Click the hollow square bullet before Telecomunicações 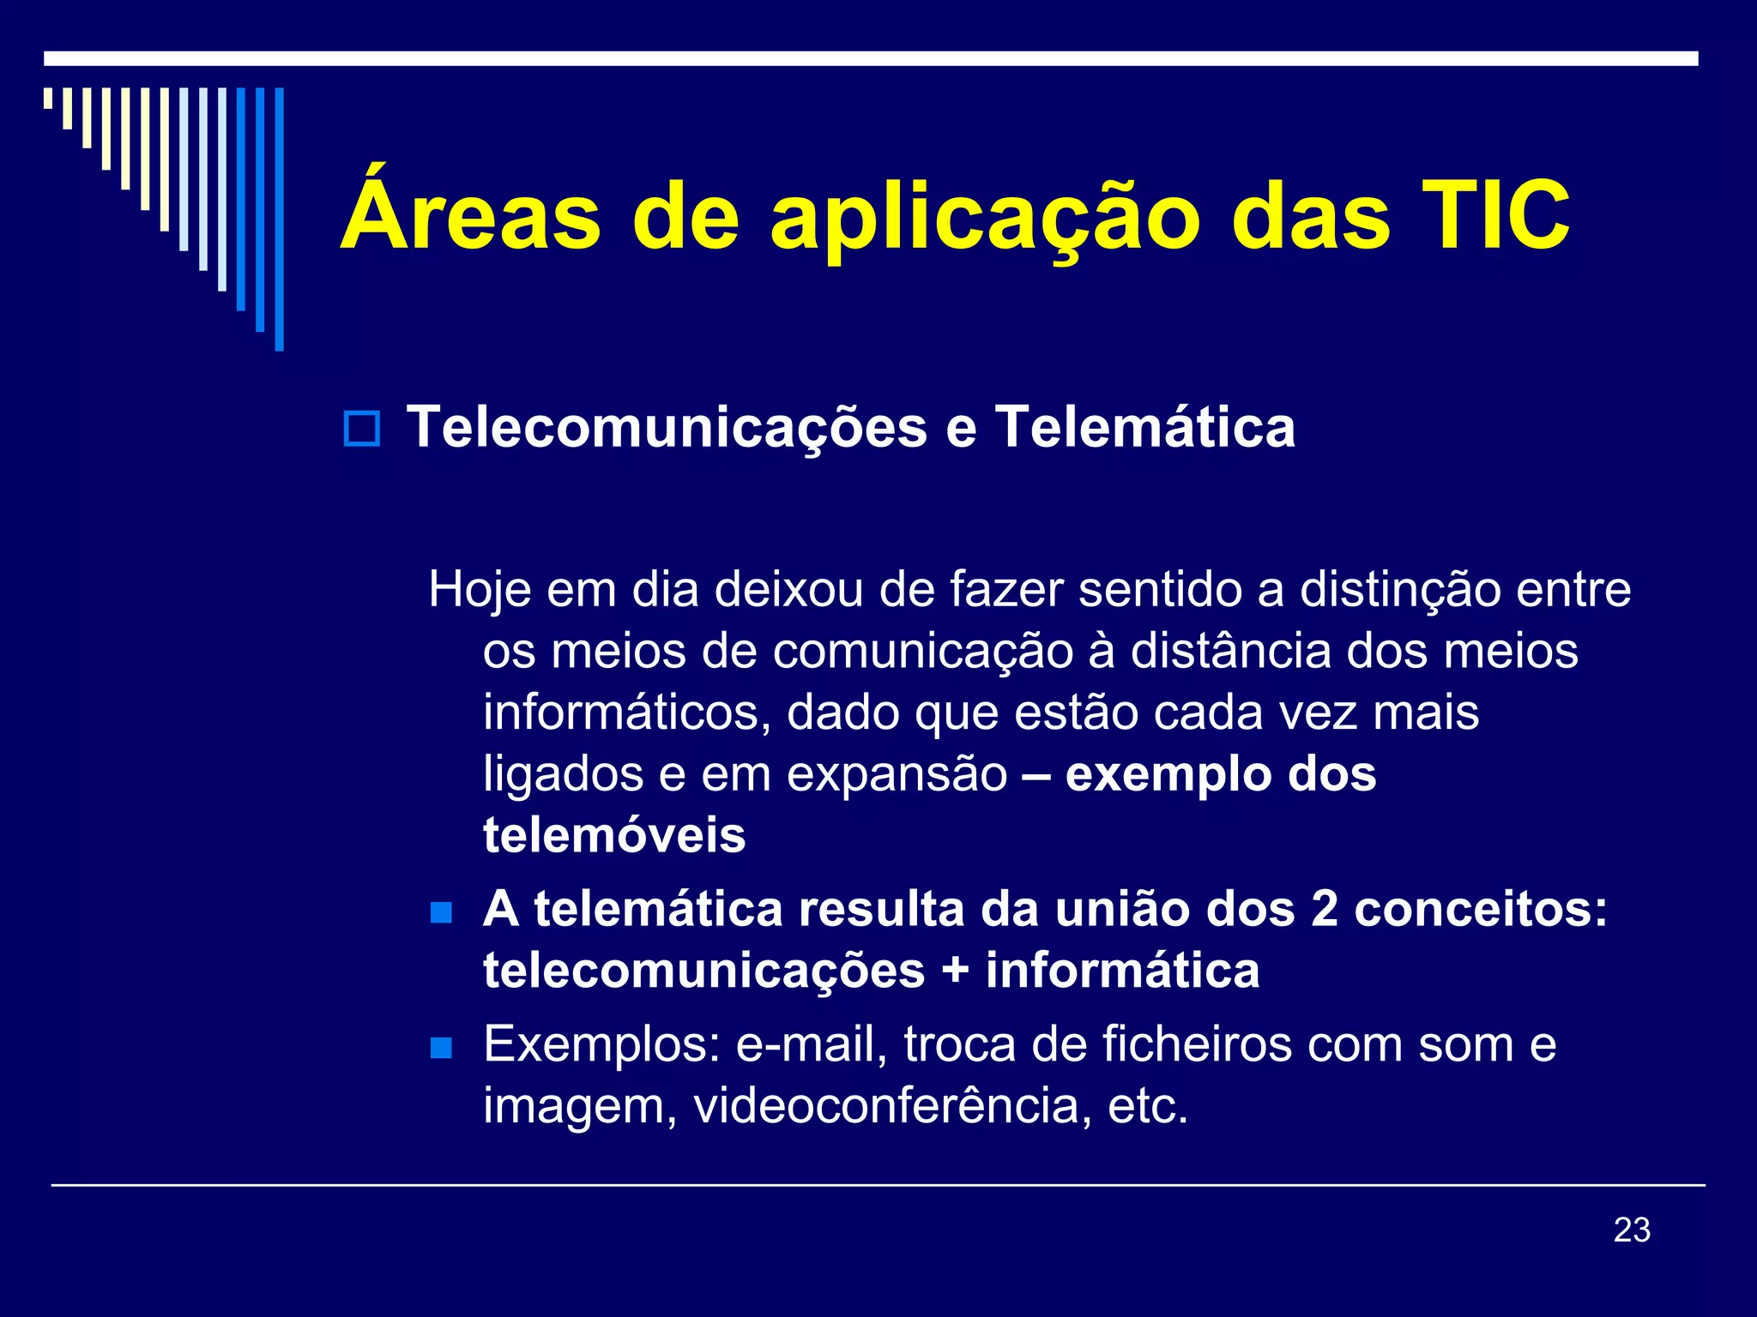(361, 428)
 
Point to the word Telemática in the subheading (1144, 427)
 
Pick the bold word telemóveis (614, 836)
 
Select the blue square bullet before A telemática (441, 911)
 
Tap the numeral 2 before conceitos (1324, 910)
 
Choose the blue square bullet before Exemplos (441, 1047)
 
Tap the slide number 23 (1632, 1230)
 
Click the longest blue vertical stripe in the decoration (279, 219)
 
